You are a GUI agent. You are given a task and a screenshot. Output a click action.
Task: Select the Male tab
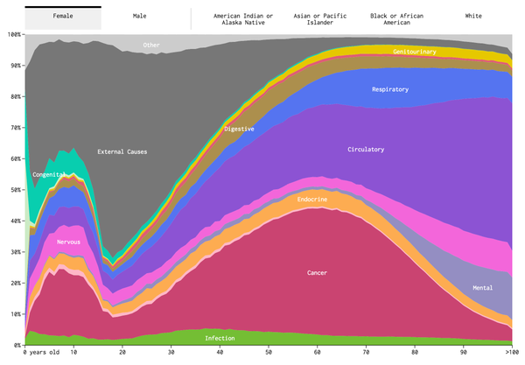tap(140, 16)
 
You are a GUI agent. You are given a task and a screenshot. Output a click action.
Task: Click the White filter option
tap(473, 16)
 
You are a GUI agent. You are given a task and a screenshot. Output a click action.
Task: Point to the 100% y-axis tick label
tap(13, 34)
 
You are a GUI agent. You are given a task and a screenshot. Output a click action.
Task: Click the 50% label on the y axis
tap(13, 190)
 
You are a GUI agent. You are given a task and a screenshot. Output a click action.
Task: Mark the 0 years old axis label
tap(41, 352)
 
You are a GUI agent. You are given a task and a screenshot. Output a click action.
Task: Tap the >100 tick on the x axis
tap(512, 352)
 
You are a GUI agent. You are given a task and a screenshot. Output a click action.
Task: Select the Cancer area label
tap(317, 273)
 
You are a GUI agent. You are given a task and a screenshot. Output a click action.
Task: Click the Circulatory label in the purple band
tap(366, 150)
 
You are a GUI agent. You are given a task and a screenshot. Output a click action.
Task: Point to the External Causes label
tap(122, 151)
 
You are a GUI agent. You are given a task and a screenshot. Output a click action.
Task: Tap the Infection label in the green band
tap(220, 338)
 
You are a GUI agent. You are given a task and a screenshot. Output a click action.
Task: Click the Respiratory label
tap(390, 88)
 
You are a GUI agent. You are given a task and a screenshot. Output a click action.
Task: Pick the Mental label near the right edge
tap(482, 288)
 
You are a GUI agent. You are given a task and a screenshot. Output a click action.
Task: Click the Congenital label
tap(49, 175)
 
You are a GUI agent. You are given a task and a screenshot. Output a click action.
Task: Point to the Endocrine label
tap(312, 200)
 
